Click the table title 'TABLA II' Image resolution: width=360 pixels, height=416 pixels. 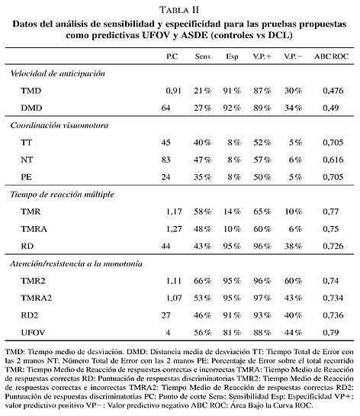179,10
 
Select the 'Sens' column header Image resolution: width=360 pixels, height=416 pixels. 203,56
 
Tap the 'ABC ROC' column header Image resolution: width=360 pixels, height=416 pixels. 331,56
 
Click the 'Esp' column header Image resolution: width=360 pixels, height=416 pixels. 232,56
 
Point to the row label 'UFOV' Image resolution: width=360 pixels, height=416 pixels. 33,333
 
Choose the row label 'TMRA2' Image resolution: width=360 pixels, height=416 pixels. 37,298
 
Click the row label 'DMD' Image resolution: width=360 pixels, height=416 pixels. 31,108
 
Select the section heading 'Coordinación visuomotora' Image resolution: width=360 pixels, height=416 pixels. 59,125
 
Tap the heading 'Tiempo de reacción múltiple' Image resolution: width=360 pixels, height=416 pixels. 62,195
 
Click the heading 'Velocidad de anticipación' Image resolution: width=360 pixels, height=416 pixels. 58,73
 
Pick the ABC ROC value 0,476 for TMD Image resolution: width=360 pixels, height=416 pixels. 333,91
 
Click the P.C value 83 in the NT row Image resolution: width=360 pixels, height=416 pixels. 166,160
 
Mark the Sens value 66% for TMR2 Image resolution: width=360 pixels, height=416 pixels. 203,281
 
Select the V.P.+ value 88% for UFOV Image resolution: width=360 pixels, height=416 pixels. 262,333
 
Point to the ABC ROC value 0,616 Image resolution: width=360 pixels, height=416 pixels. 333,160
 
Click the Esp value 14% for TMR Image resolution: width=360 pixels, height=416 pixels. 232,211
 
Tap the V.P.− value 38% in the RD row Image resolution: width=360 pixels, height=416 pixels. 293,247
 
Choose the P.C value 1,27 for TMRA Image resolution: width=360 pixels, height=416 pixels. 174,229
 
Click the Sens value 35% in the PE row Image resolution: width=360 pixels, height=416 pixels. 203,177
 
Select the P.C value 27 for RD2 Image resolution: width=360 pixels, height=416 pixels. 166,315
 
